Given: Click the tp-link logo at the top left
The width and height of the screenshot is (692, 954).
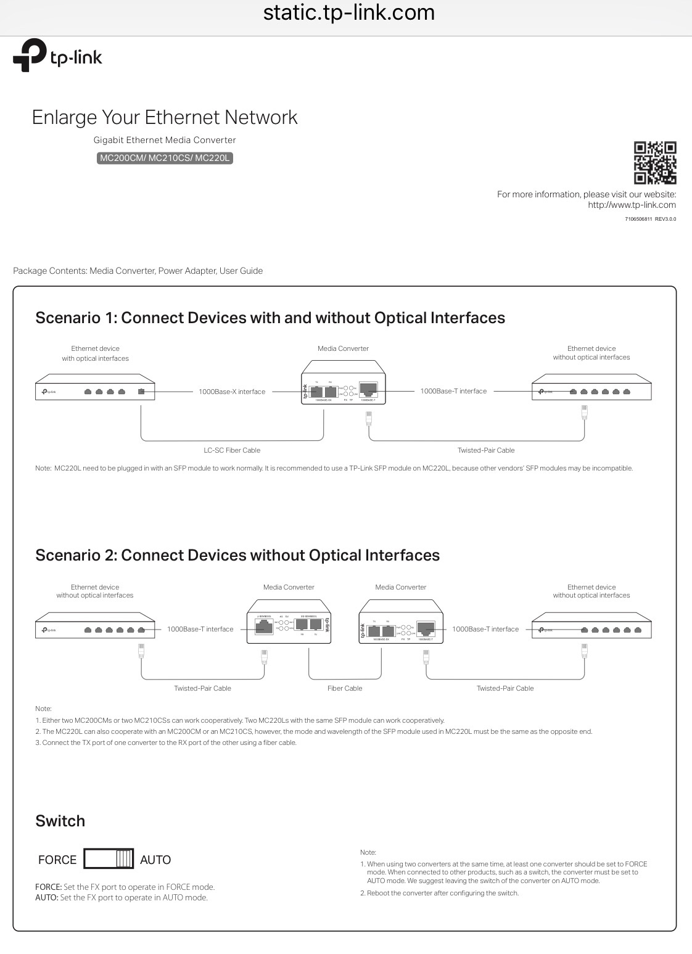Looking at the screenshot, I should [57, 56].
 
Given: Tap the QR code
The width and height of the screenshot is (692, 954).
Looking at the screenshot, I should [655, 163].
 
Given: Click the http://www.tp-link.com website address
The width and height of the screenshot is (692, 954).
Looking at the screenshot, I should [632, 205].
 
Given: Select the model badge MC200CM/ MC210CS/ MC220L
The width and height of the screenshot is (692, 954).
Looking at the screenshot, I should [165, 158].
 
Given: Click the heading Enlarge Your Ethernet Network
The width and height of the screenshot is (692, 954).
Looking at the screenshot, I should [165, 117].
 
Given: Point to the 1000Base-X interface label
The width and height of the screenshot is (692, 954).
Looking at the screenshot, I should [232, 392].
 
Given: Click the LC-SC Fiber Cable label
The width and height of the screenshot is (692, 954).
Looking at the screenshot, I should [232, 450].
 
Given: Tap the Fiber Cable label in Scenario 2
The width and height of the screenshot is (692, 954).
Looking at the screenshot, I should [345, 688].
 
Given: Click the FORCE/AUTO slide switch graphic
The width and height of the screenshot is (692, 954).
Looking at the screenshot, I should [109, 859].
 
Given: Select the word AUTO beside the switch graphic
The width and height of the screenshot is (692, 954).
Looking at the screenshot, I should [155, 860].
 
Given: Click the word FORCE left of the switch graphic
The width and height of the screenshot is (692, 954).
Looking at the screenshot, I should [57, 860].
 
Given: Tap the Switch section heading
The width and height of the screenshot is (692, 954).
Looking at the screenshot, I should [60, 821].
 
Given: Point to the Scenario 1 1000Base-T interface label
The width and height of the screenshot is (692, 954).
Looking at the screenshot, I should [453, 391].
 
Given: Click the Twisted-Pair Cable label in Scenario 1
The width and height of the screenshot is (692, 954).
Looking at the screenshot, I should [486, 450].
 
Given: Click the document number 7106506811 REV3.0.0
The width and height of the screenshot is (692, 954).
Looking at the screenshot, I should [650, 219].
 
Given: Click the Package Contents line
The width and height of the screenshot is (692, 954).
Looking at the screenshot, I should [138, 271].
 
